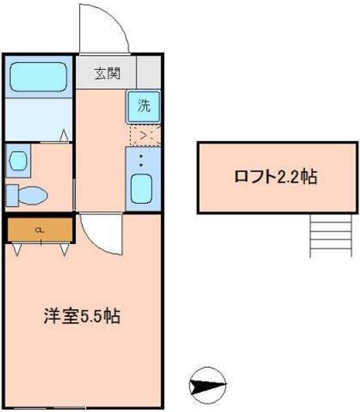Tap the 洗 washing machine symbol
pos(144,106)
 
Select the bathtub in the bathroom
pos(38,77)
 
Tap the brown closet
pos(40,229)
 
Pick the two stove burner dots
pos(141,161)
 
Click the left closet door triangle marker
pos(17,249)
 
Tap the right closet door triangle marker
pos(64,249)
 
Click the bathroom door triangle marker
pos(64,136)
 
